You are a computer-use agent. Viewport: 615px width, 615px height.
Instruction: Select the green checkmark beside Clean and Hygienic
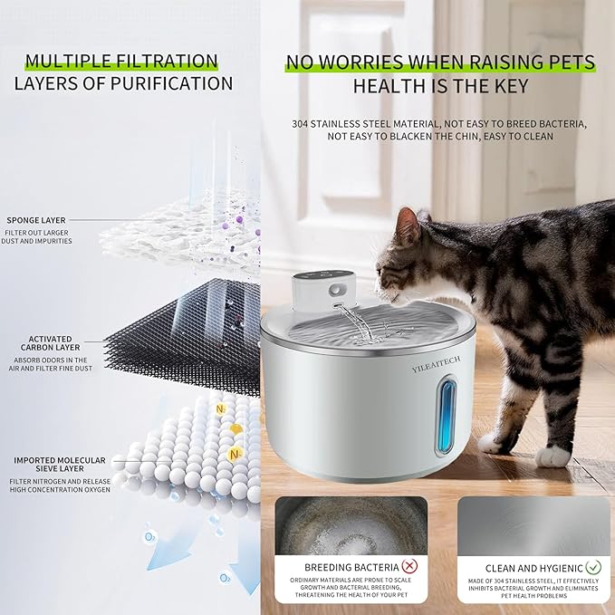pyautogui.click(x=592, y=569)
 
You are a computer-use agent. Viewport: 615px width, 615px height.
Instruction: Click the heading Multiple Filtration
pyautogui.click(x=121, y=62)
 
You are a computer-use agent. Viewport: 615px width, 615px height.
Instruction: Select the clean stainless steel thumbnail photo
pyautogui.click(x=533, y=524)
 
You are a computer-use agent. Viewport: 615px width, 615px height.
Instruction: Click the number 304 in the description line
pyautogui.click(x=303, y=123)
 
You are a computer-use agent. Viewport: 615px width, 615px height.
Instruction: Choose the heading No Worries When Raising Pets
pyautogui.click(x=440, y=62)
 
